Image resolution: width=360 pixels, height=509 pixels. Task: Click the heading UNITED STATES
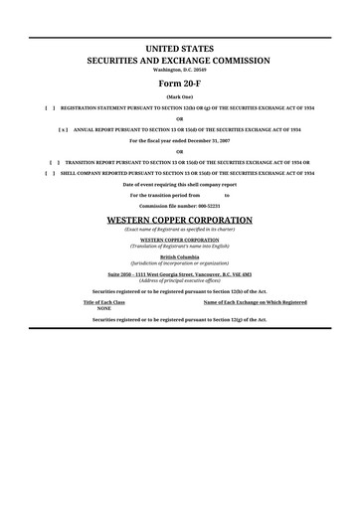(x=180, y=48)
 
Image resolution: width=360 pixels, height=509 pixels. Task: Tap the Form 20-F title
(x=180, y=84)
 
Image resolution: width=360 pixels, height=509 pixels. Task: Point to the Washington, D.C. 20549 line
(x=180, y=70)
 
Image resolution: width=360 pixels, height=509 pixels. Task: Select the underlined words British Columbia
(x=180, y=254)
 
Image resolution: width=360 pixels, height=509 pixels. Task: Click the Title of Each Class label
(x=103, y=301)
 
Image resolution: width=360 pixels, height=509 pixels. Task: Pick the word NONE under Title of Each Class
(x=103, y=308)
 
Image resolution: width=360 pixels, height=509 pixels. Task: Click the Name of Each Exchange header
(x=255, y=301)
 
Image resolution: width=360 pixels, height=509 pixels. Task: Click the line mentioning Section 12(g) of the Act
(x=180, y=319)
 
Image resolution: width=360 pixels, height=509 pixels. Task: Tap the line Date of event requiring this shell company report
(x=180, y=185)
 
